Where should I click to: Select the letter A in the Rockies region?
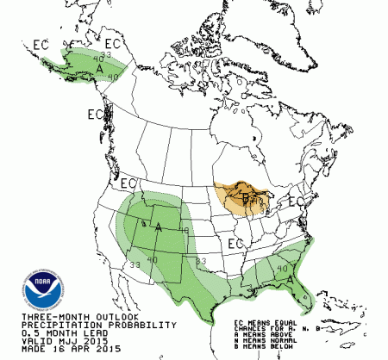pyautogui.click(x=158, y=227)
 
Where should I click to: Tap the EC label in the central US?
pyautogui.click(x=232, y=244)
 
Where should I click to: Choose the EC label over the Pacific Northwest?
pyautogui.click(x=129, y=183)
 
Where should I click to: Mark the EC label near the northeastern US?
pyautogui.click(x=296, y=201)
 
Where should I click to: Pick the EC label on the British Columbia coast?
pyautogui.click(x=95, y=113)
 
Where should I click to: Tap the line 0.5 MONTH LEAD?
pyautogui.click(x=42, y=334)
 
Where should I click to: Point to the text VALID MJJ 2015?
pyautogui.click(x=42, y=342)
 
